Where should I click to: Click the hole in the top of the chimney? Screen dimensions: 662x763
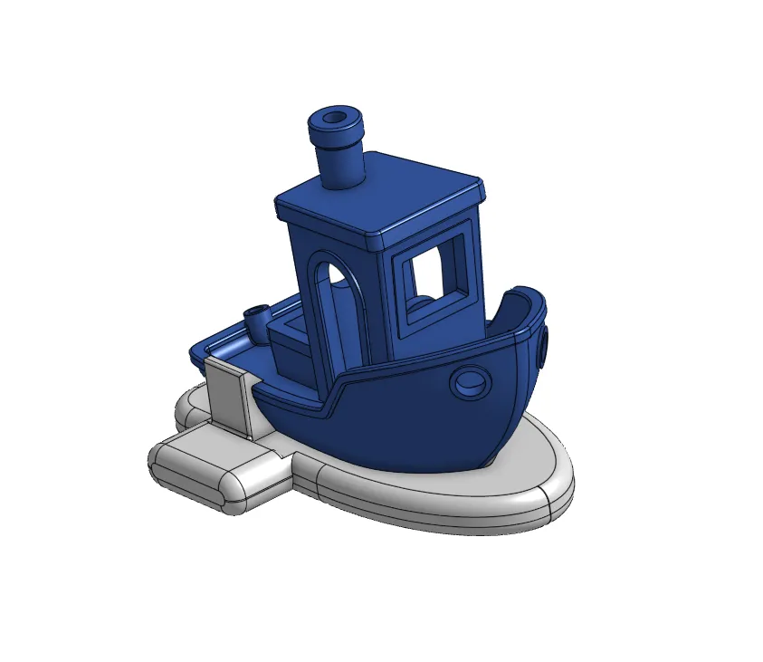coord(336,119)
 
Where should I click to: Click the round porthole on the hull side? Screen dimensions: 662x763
coord(471,383)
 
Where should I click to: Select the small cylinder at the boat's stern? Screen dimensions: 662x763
coord(257,320)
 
